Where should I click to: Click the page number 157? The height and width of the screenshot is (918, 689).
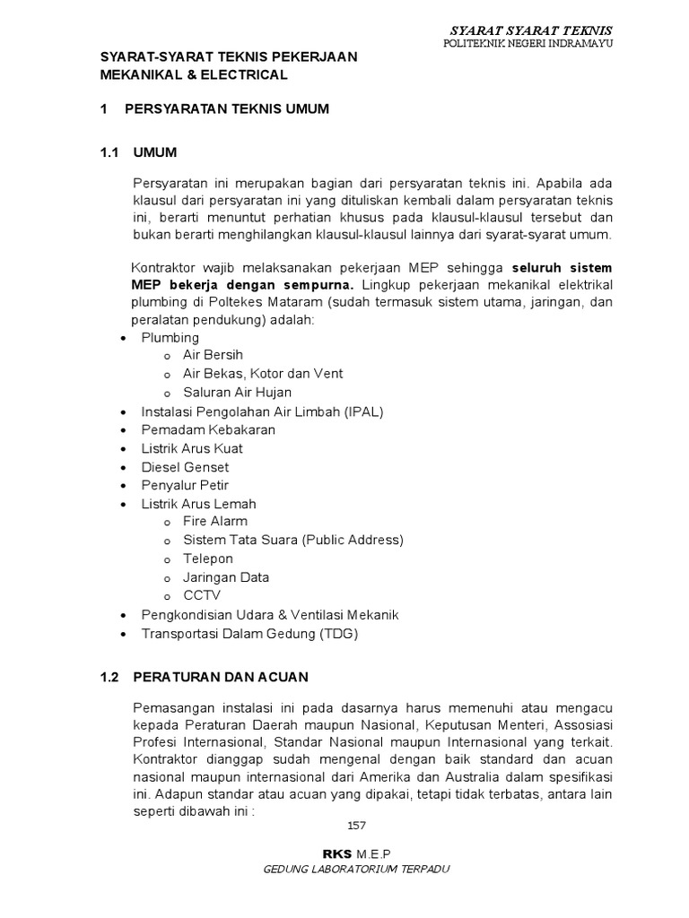(355, 826)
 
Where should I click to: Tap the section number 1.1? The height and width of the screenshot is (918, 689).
(110, 152)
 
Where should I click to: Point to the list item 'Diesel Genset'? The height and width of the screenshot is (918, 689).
(185, 467)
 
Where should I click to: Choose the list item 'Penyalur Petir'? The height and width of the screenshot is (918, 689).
(185, 486)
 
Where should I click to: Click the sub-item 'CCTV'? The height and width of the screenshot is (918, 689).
(202, 595)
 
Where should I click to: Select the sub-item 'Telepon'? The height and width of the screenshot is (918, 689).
(208, 559)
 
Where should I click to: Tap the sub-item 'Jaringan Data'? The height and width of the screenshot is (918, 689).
(226, 577)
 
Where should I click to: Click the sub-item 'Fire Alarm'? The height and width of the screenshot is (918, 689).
(215, 521)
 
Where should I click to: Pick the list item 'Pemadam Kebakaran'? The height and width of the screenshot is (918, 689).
(208, 429)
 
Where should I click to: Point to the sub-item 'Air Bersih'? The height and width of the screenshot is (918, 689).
(213, 355)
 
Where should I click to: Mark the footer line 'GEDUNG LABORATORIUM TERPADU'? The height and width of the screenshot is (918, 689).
(355, 870)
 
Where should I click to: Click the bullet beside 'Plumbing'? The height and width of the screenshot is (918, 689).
(122, 338)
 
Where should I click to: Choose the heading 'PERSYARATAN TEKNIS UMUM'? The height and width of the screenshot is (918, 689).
(227, 109)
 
